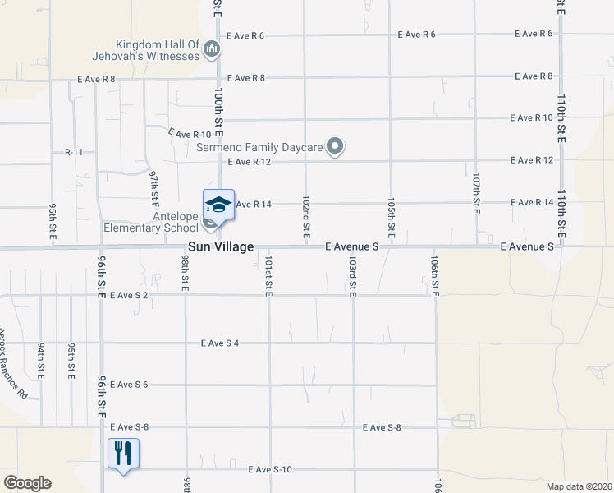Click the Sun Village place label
coord(220,246)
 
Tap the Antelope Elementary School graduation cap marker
coord(218,205)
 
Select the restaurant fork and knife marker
coord(123,453)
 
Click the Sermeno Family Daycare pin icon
coord(335,148)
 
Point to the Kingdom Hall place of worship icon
coord(212,50)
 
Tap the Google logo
coord(27,483)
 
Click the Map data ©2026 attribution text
coord(579,486)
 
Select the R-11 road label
coord(75,153)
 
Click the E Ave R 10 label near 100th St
coord(190,133)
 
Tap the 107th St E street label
coord(475,194)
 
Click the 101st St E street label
coord(268,275)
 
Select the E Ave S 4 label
coord(218,343)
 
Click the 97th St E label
coord(153,190)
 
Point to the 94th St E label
coord(40,362)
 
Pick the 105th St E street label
coord(391,219)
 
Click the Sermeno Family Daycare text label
coord(259,148)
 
